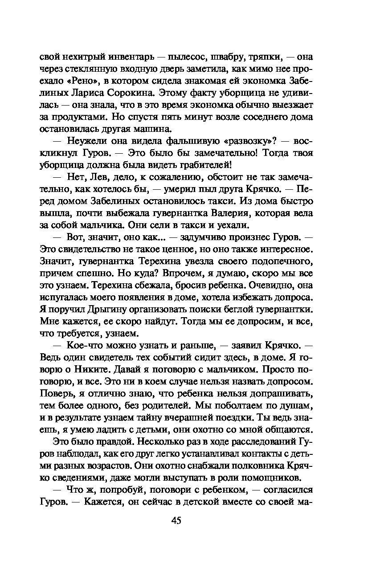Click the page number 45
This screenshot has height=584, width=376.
coord(176,521)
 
